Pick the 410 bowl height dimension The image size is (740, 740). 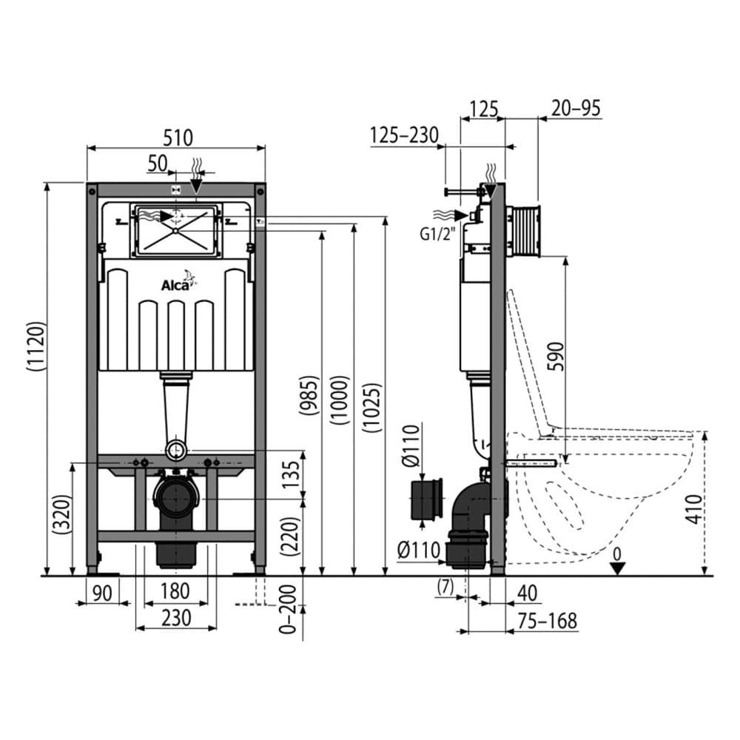(693, 508)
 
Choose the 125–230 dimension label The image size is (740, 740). (404, 135)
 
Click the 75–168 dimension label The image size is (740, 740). (548, 620)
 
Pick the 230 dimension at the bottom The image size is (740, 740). (176, 617)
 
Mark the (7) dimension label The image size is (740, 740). (445, 588)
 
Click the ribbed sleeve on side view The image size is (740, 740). (526, 230)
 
